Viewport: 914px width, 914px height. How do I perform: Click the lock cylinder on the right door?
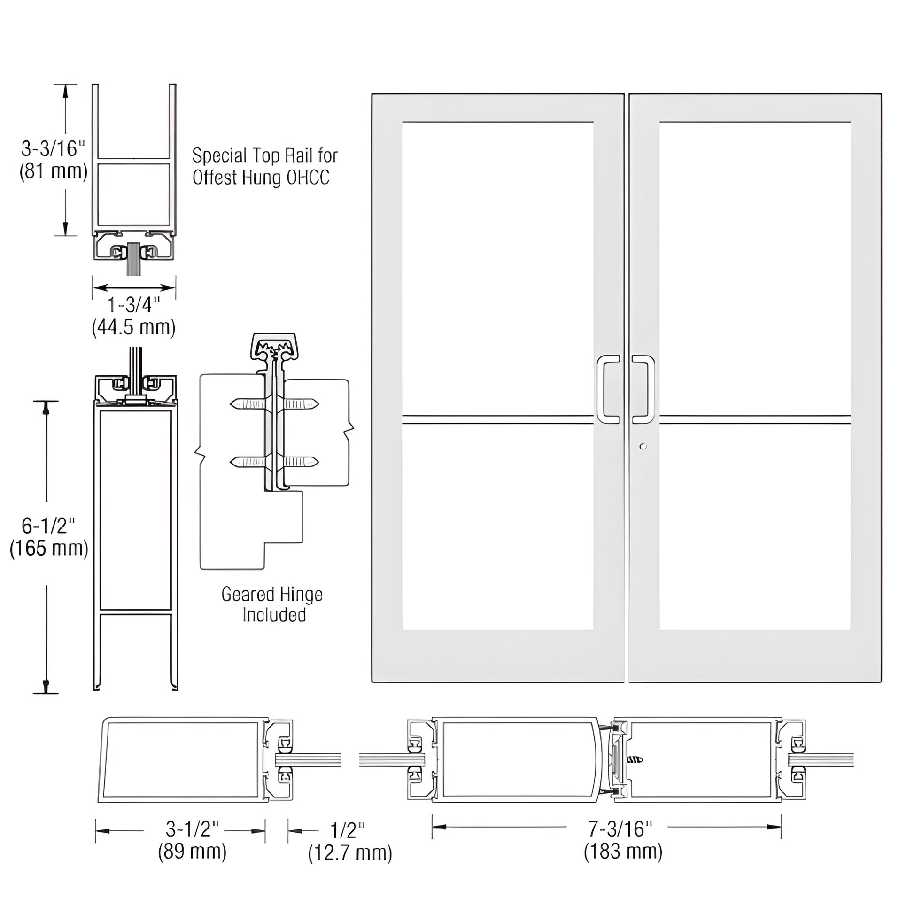(642, 447)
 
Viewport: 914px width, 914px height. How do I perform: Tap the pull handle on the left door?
(608, 389)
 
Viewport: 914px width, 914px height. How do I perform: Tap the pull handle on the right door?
(643, 389)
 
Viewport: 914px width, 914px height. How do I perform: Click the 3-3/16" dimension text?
(53, 148)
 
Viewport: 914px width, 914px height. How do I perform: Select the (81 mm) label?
(53, 171)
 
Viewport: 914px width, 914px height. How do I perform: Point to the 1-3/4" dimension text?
(134, 305)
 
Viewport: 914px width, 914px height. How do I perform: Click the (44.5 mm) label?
(134, 327)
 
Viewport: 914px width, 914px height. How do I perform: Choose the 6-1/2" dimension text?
(49, 526)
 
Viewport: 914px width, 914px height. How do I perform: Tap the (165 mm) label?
(49, 548)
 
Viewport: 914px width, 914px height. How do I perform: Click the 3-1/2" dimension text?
(192, 829)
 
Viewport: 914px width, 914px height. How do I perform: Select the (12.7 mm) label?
(350, 853)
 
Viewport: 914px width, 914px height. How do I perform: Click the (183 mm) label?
(623, 852)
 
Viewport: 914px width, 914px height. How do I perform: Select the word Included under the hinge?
(274, 615)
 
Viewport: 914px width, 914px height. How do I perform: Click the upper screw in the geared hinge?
(274, 404)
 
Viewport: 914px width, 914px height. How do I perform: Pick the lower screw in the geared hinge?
(274, 461)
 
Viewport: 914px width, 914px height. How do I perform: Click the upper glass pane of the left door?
(498, 268)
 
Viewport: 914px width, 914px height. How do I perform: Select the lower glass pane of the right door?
(755, 527)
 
